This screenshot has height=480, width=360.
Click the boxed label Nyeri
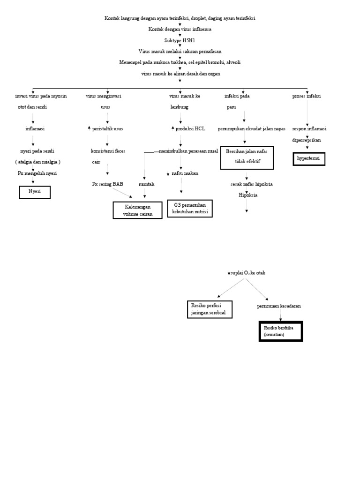[x=34, y=192]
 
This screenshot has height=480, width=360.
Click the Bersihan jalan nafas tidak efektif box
[x=247, y=157]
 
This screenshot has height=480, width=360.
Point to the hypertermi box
[x=309, y=159]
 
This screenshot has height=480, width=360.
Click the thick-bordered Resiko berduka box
[x=281, y=331]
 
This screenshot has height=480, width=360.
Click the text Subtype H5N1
[x=180, y=40]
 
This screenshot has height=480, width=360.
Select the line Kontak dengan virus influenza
[x=180, y=29]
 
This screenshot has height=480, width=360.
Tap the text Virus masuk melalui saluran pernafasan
[x=180, y=51]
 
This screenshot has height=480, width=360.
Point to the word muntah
[x=146, y=184]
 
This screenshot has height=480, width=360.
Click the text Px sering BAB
[x=107, y=184]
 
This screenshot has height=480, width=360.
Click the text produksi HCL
[x=190, y=128]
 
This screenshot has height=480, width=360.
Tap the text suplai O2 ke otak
[x=247, y=273]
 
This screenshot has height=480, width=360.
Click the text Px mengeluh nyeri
[x=34, y=173]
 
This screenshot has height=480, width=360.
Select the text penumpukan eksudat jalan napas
[x=251, y=128]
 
